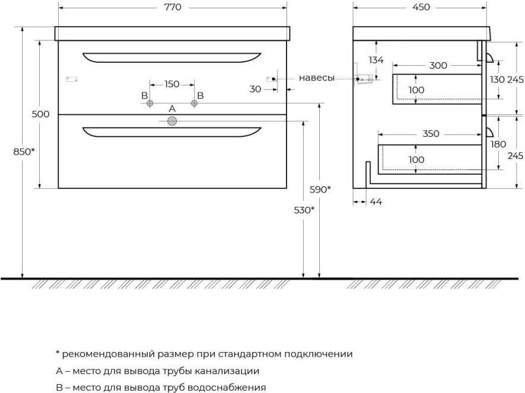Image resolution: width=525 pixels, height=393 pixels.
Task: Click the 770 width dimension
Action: tap(173, 7)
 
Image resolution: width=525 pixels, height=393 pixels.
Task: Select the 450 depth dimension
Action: tap(421, 7)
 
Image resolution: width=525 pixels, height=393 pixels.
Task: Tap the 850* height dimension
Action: tap(24, 152)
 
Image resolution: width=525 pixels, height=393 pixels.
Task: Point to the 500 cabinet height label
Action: tap(40, 114)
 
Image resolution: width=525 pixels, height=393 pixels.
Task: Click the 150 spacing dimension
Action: tap(172, 84)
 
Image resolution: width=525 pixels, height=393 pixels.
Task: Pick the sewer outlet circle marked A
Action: tap(172, 121)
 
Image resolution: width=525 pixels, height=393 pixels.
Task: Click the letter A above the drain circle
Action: tap(172, 108)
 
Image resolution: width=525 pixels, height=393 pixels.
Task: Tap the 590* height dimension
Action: tap(320, 190)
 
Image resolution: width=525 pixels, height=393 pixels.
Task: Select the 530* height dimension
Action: tap(304, 210)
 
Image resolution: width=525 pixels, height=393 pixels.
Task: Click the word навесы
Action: tap(316, 78)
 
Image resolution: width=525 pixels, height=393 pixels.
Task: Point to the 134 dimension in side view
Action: tap(376, 60)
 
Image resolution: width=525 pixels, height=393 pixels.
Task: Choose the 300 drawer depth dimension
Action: tap(438, 66)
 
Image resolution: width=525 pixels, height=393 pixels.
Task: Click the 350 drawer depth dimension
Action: tap(431, 134)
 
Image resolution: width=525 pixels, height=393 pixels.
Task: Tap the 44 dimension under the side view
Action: tap(376, 202)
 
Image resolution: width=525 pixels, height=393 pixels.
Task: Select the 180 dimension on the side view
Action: tap(498, 144)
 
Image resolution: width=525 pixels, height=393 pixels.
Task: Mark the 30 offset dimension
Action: tap(256, 89)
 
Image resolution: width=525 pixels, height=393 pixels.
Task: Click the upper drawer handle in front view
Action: tap(172, 57)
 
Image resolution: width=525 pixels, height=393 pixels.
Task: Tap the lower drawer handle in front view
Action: tap(172, 132)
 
